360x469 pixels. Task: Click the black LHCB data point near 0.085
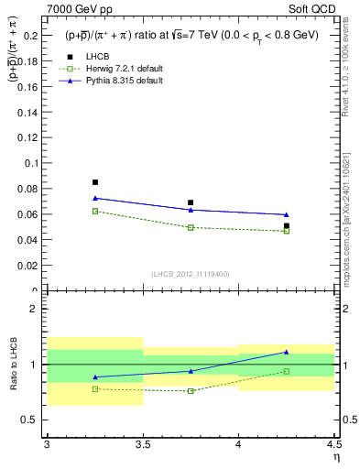(95, 182)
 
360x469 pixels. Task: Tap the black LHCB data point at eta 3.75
(191, 202)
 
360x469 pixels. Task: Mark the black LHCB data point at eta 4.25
(287, 225)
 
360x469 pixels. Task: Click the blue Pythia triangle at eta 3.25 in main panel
(95, 198)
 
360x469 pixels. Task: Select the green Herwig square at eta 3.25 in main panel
(95, 211)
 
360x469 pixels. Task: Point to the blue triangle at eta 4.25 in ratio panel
(287, 352)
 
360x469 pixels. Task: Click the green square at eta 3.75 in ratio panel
(191, 391)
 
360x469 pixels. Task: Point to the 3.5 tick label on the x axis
(143, 444)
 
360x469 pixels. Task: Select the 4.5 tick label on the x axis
(333, 444)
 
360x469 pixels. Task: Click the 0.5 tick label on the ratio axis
(32, 420)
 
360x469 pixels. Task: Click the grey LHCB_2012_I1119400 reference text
(191, 274)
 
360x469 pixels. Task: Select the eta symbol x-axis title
(335, 456)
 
